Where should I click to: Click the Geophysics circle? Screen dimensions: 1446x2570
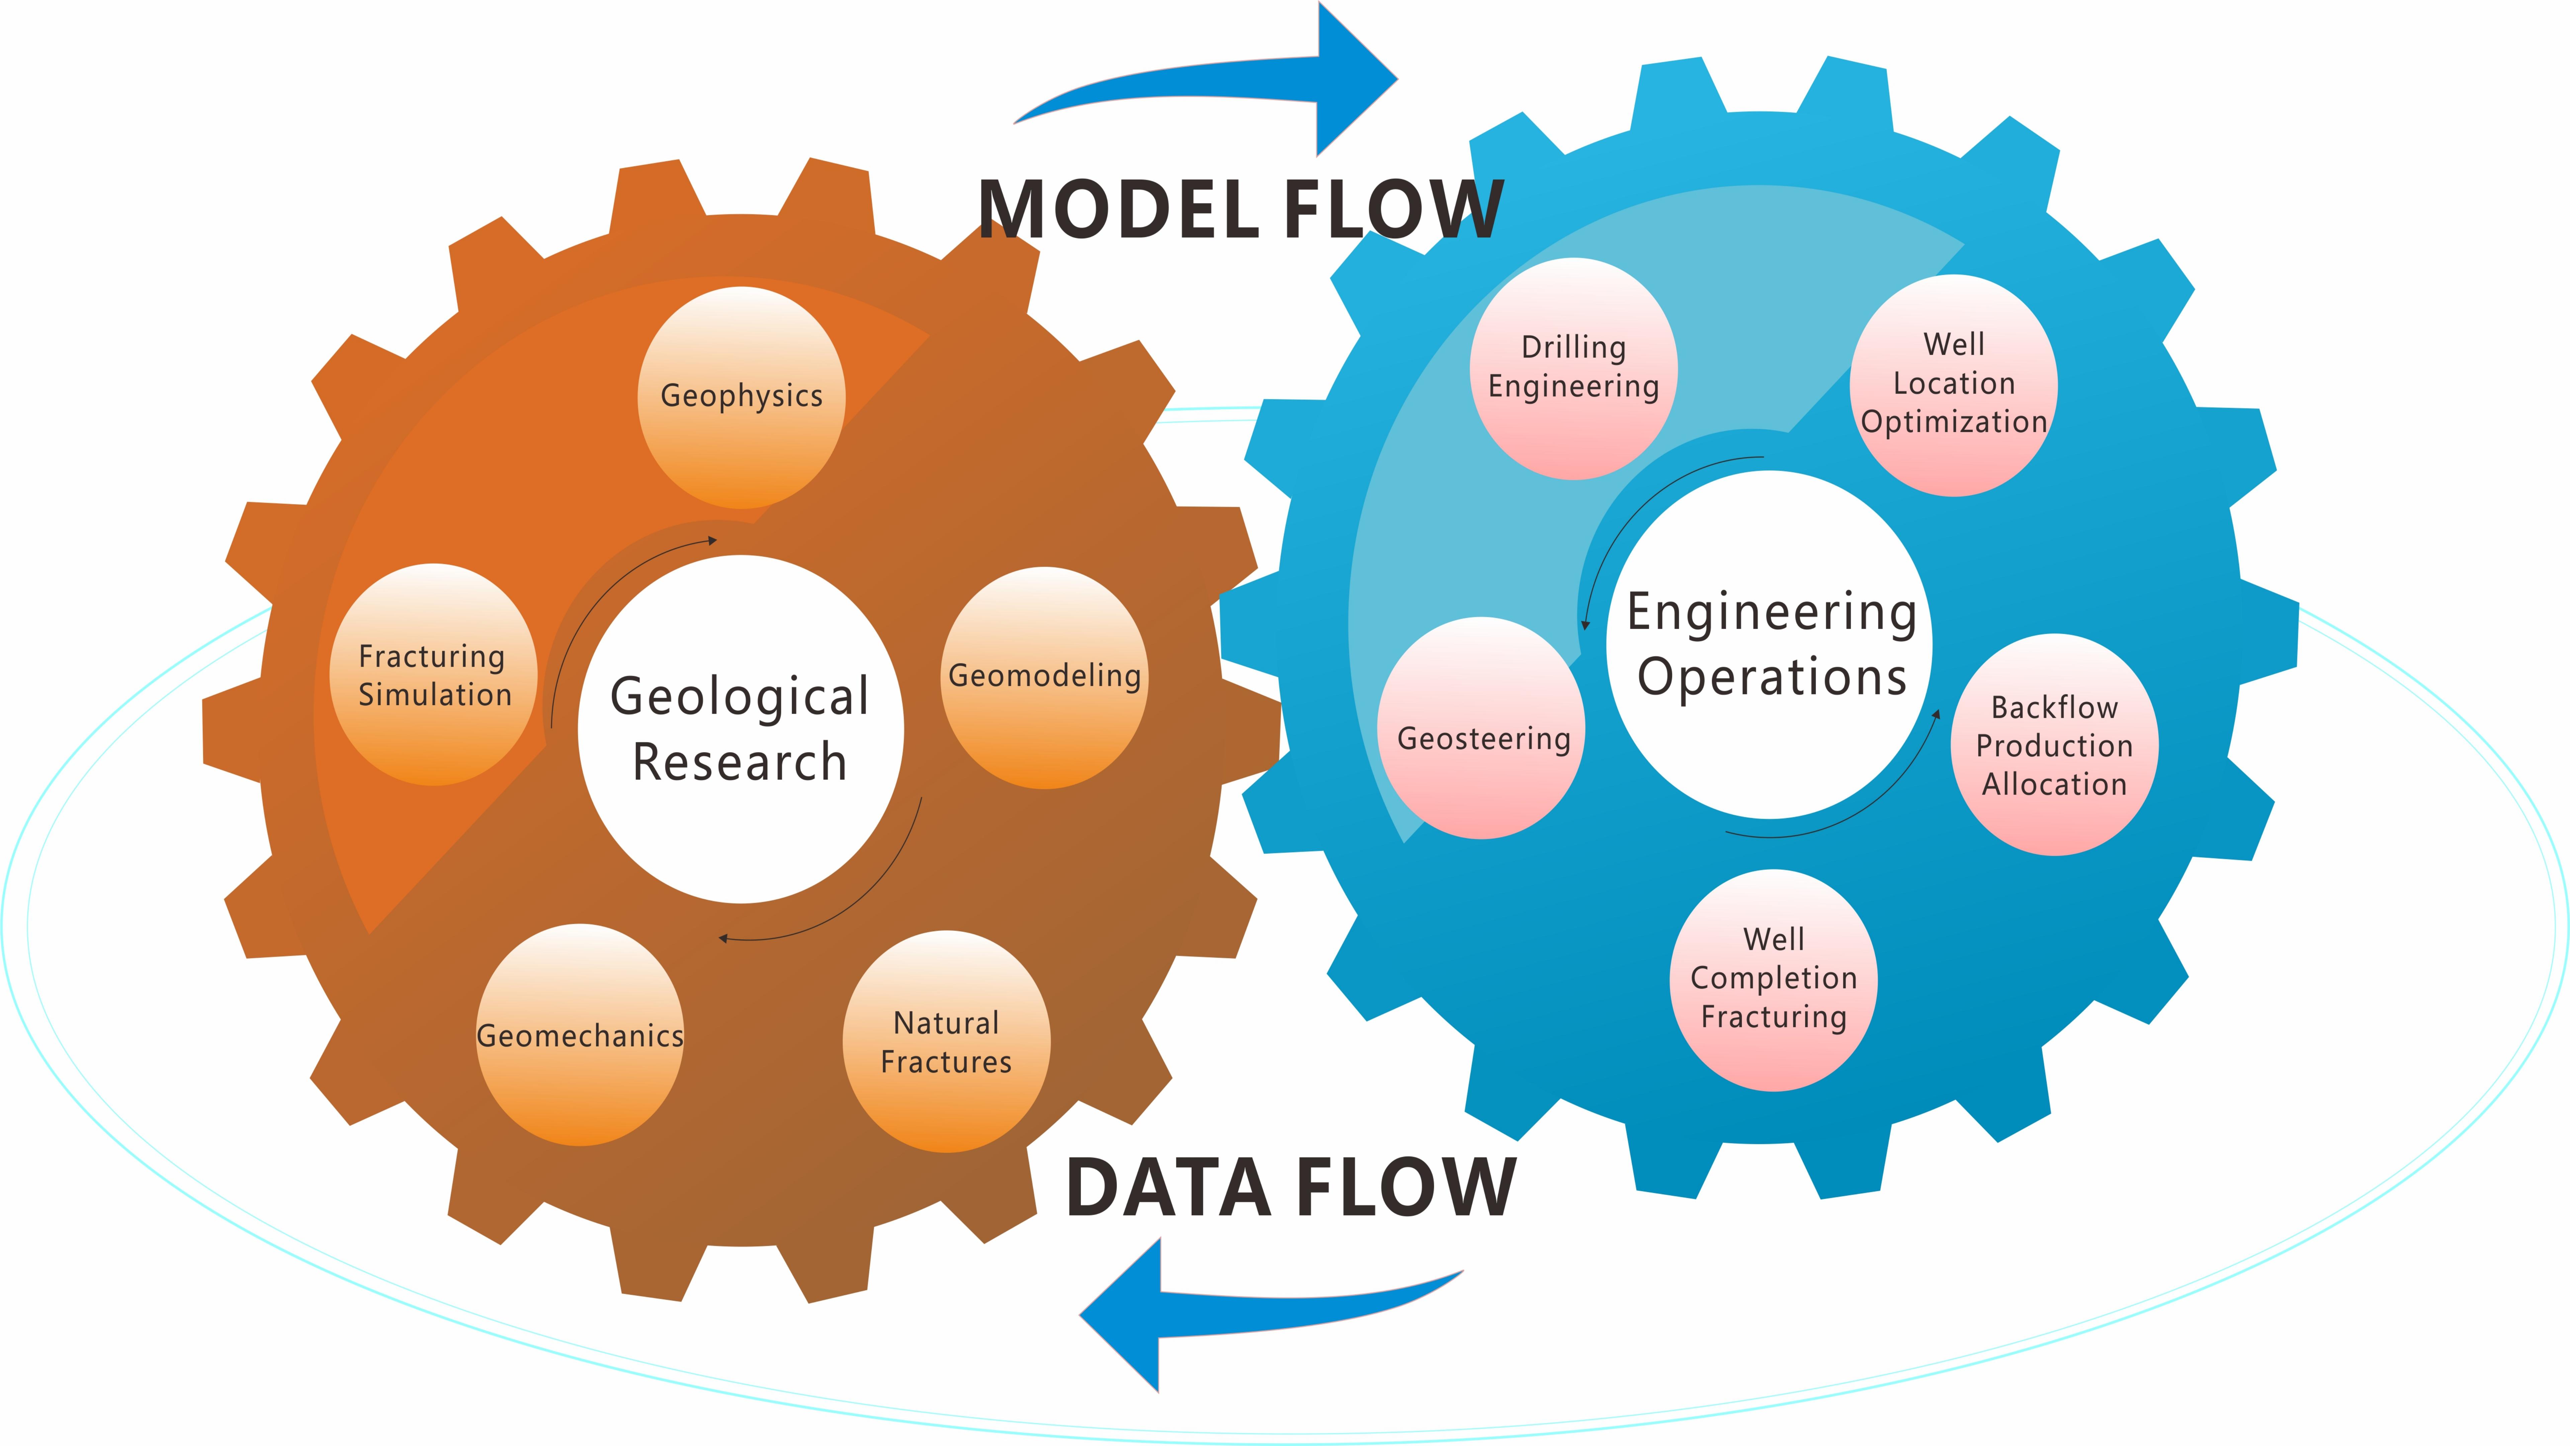(x=741, y=397)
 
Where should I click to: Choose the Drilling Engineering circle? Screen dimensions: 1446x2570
(x=1573, y=368)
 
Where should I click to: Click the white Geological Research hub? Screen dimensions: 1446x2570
(x=740, y=728)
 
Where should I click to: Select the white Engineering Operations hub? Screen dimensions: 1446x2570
(x=1770, y=645)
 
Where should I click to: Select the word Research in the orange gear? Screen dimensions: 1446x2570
(x=740, y=762)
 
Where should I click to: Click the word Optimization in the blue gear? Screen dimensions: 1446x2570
(x=1954, y=422)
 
